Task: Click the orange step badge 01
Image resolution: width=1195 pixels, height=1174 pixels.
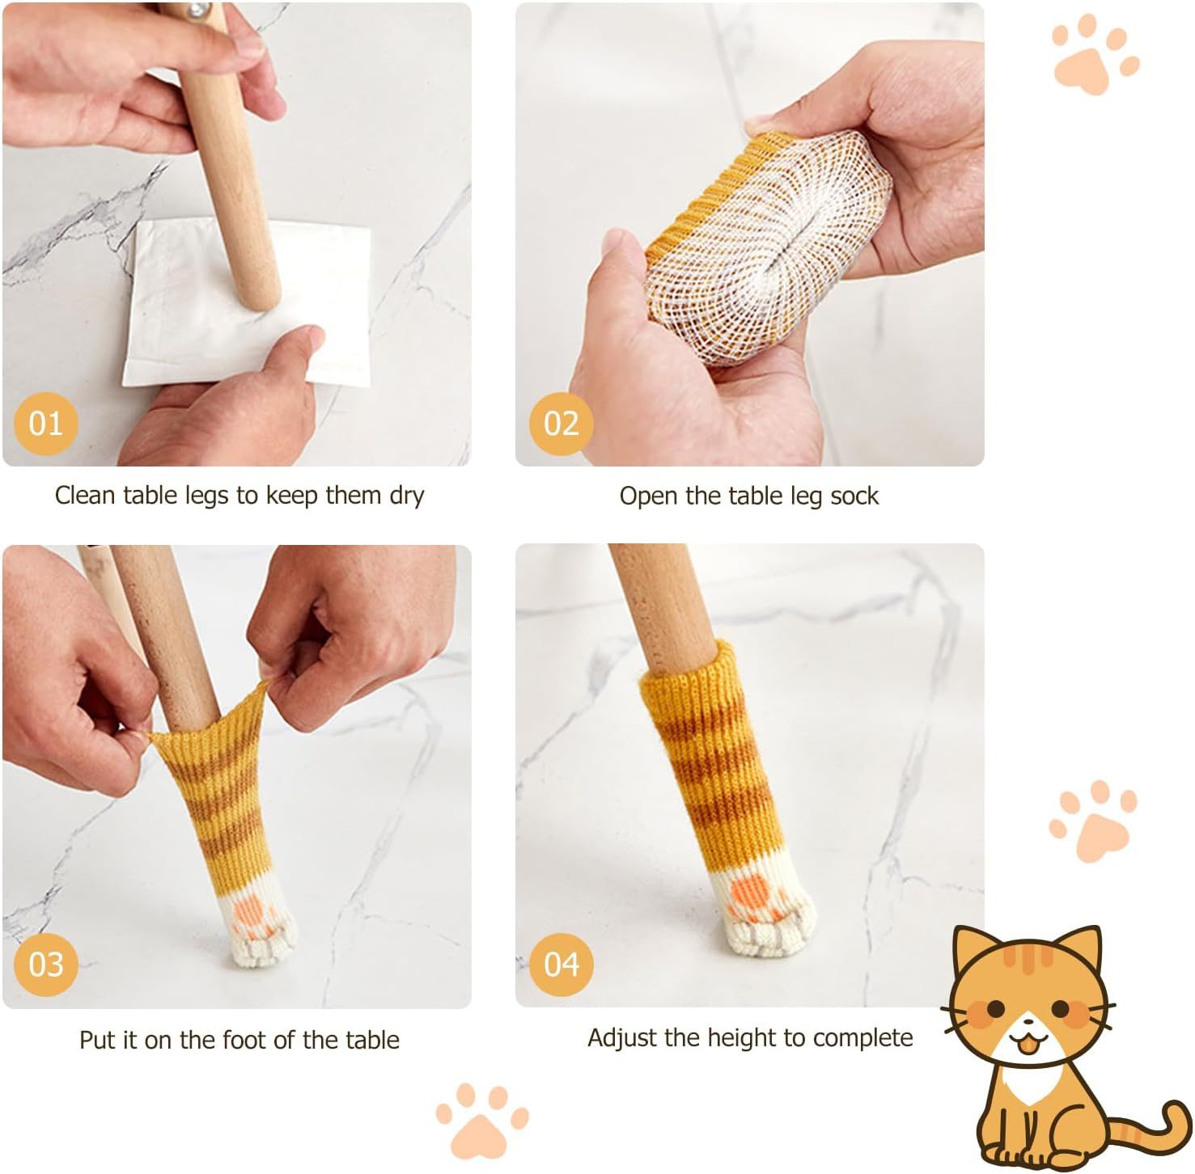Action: point(45,423)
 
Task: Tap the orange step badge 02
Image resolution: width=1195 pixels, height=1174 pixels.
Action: point(561,423)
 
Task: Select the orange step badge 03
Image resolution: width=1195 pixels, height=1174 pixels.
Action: point(45,964)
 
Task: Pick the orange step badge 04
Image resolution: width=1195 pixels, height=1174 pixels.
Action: point(561,964)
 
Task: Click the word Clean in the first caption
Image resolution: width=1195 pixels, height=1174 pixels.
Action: point(85,495)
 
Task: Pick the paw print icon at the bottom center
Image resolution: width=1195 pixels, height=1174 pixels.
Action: point(481,1119)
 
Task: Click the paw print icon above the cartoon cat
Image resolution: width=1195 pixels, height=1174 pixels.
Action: point(1093,823)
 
